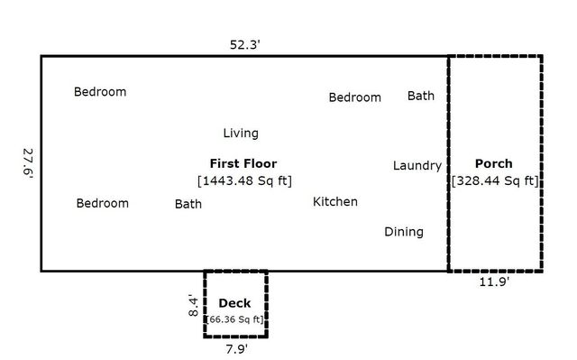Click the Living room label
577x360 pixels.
[x=241, y=134]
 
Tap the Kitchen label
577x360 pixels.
[x=334, y=202]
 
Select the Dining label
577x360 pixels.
[x=403, y=232]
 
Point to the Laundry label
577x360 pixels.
[x=417, y=166]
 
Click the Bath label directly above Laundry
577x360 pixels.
[x=420, y=96]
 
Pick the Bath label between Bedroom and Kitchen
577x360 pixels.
[x=188, y=204]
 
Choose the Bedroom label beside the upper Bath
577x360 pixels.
[x=354, y=97]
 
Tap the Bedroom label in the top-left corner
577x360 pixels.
[x=100, y=92]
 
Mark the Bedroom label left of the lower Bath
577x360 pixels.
[x=102, y=203]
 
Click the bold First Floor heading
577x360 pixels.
[x=243, y=164]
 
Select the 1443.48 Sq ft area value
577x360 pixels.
[x=244, y=180]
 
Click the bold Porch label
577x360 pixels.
[x=493, y=164]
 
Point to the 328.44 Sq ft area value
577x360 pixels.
[x=495, y=180]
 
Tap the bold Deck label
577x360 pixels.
[x=234, y=304]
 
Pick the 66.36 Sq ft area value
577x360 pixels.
[x=235, y=319]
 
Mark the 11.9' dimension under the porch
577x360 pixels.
[x=493, y=282]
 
